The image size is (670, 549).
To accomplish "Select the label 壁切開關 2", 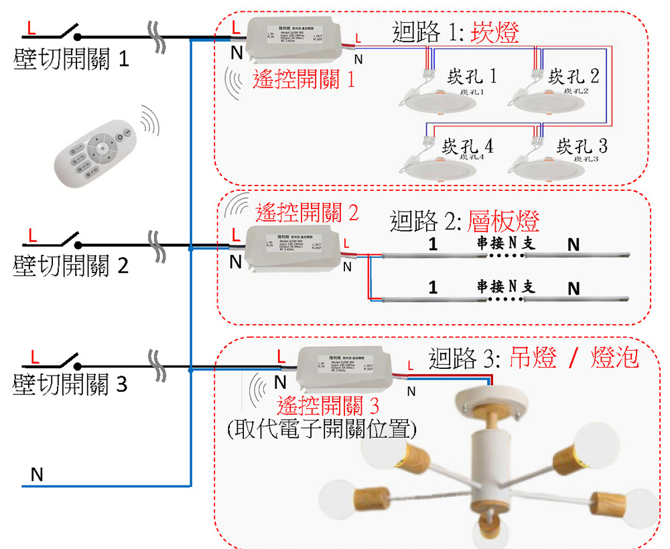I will (70, 266).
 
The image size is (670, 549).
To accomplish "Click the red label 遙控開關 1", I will (304, 80).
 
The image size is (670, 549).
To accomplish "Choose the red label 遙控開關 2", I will (307, 212).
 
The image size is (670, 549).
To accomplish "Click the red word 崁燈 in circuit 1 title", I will (495, 31).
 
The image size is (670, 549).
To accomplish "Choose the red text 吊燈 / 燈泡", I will (574, 358).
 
